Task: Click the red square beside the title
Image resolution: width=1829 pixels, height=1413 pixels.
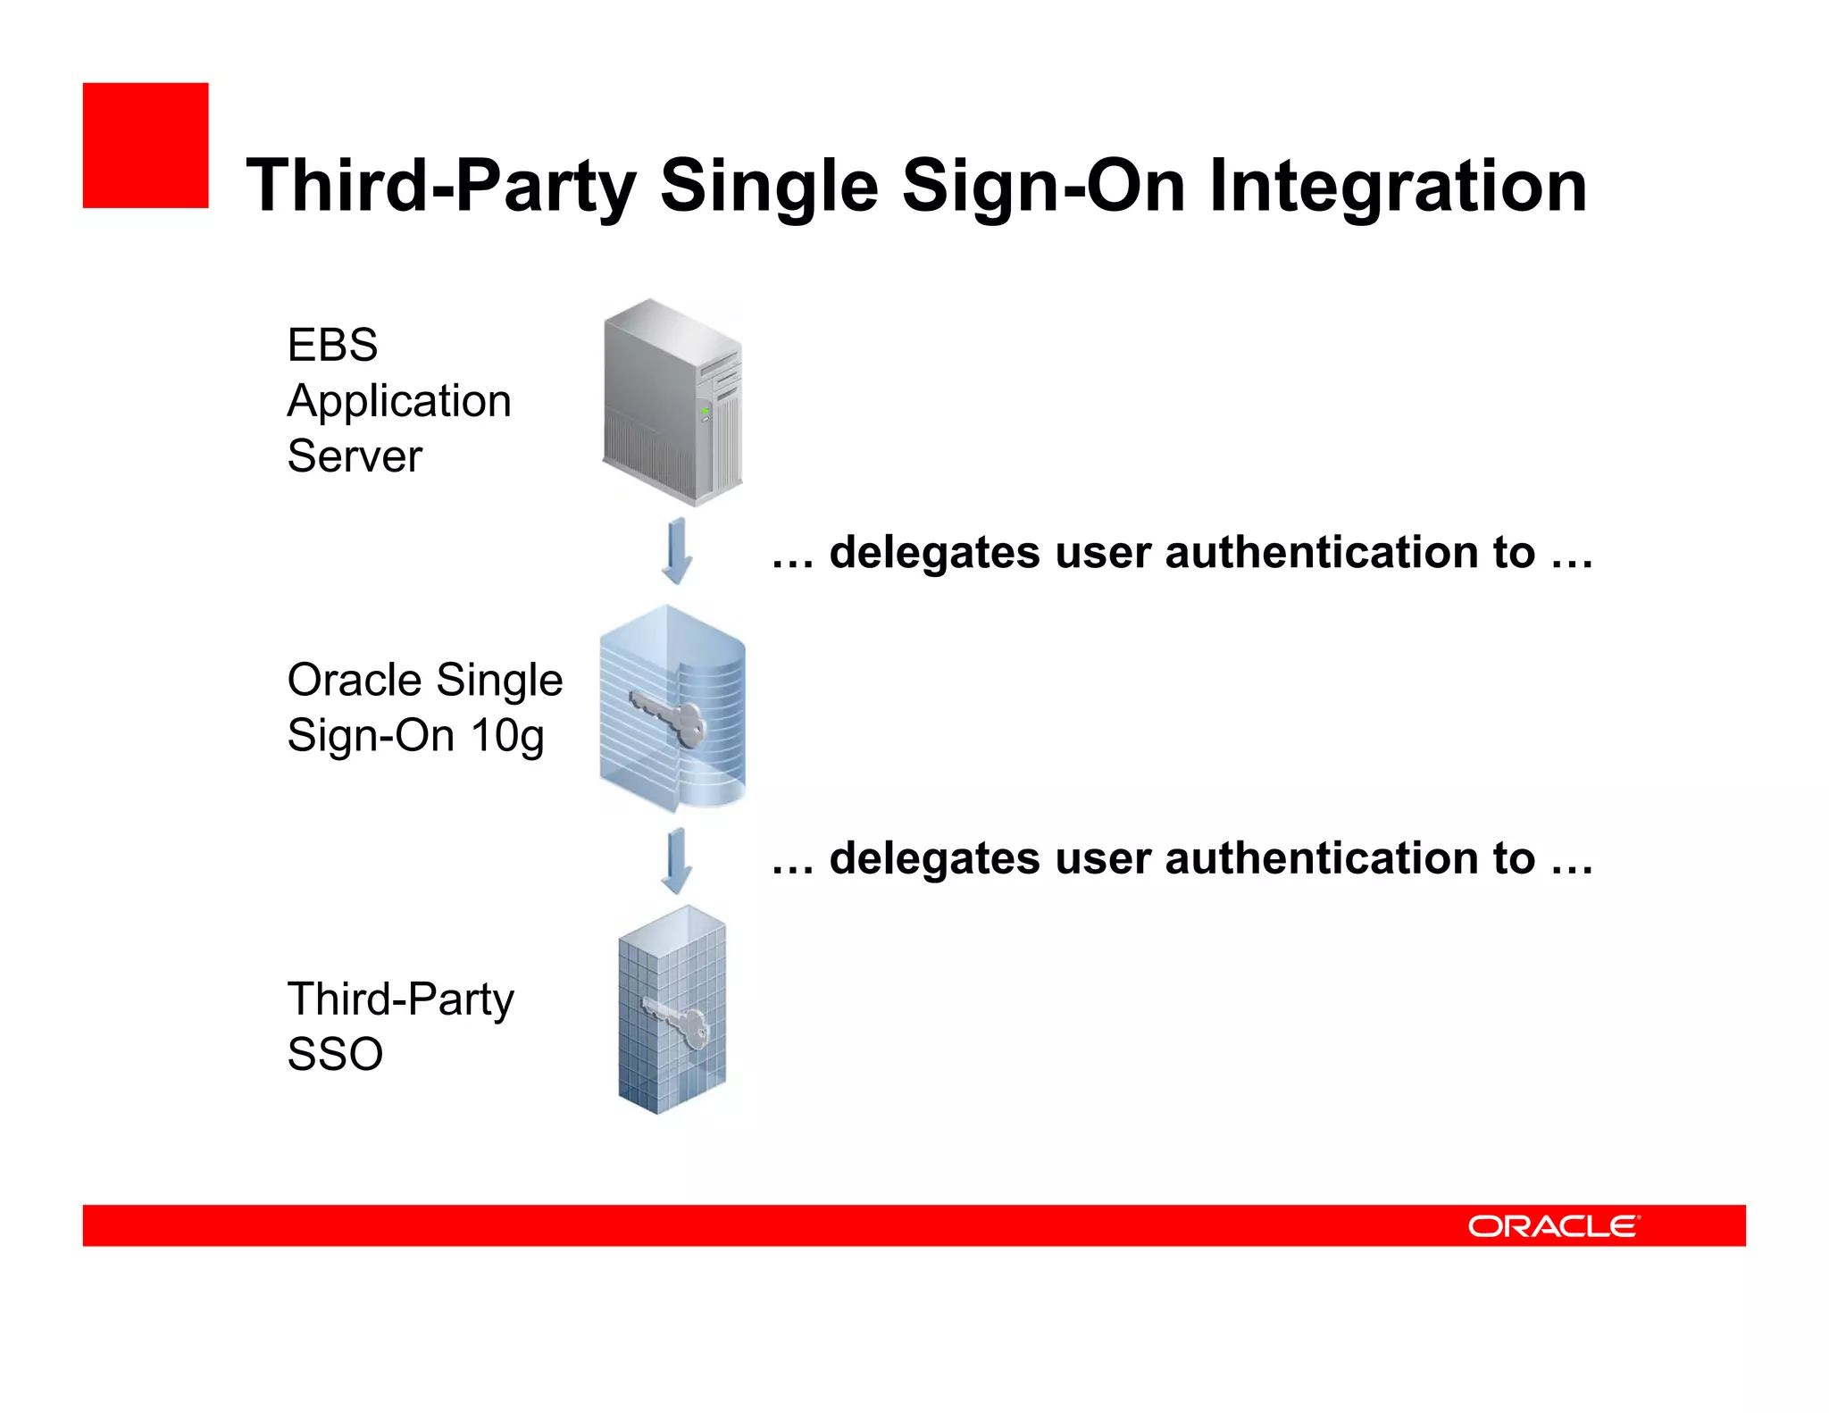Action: [x=146, y=146]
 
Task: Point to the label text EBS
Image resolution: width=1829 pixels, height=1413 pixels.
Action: [x=332, y=345]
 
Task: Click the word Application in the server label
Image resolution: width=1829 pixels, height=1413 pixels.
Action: [x=399, y=401]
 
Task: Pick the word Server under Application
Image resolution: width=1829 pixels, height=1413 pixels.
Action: [x=355, y=456]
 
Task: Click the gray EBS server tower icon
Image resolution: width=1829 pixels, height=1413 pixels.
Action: [x=672, y=402]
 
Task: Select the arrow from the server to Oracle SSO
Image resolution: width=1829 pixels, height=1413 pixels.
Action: [x=677, y=550]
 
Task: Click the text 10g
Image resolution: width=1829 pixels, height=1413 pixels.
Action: [x=507, y=736]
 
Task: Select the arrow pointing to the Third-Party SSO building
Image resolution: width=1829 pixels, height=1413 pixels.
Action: [x=677, y=860]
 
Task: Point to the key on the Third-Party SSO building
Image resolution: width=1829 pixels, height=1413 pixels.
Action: [x=679, y=1024]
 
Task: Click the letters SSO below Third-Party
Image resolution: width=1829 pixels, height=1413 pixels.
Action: [x=335, y=1055]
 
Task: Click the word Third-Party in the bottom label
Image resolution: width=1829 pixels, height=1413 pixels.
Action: [x=400, y=999]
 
